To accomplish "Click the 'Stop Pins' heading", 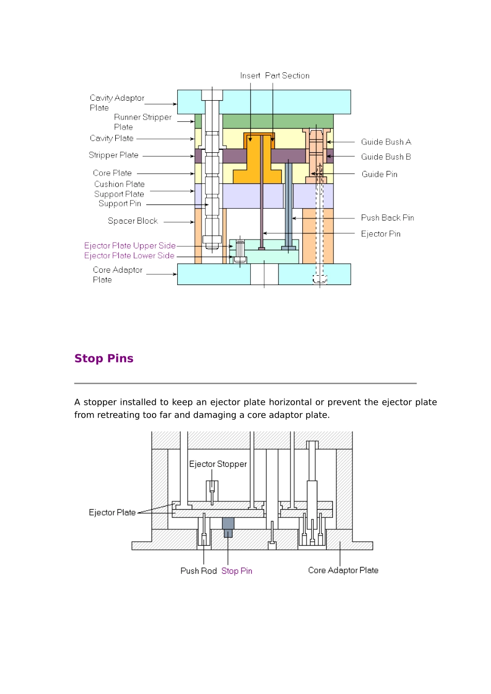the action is pos(103,358).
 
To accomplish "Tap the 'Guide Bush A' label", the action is pos(386,142).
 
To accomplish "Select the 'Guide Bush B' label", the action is pos(386,157).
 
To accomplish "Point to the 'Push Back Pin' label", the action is pos(388,218).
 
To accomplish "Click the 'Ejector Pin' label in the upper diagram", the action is pos(380,234).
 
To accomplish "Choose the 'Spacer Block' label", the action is pos(133,221).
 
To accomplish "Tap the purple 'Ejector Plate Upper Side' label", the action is pos(130,246).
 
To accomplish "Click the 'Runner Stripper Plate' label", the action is pos(143,122).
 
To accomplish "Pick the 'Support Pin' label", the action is pos(120,203).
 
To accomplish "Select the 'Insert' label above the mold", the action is pos(250,75).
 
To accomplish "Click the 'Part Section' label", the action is pos(287,75).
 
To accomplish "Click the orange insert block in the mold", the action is pos(258,161).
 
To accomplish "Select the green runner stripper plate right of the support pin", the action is pos(278,121).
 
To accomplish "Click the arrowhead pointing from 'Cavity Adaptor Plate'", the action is pos(175,104).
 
